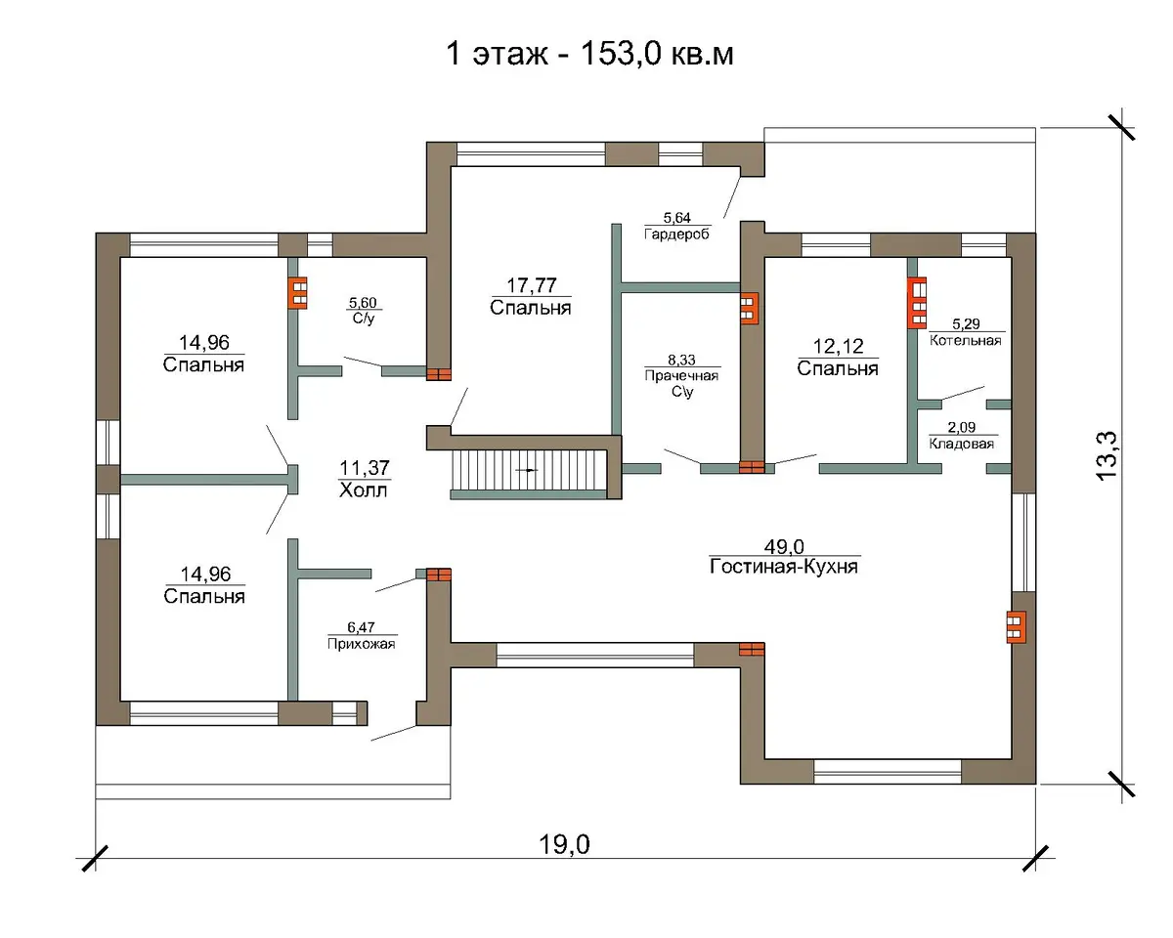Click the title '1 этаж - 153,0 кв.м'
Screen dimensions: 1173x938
point(589,54)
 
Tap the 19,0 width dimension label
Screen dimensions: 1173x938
point(564,844)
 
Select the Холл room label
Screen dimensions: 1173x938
point(363,490)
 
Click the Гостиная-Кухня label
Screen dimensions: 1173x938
point(784,567)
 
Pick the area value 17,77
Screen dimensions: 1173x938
point(532,285)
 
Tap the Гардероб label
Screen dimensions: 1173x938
point(677,234)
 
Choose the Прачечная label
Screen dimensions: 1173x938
point(681,375)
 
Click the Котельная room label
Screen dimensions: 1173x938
point(966,341)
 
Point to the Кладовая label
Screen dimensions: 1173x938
point(962,444)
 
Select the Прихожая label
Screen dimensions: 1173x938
point(361,644)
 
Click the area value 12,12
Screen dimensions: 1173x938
point(839,346)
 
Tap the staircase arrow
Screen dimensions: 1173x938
point(528,470)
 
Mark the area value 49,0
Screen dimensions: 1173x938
point(784,546)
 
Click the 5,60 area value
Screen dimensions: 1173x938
point(363,303)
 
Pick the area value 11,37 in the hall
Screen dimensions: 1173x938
point(365,468)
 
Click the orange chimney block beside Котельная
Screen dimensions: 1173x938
point(916,303)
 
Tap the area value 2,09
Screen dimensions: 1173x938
point(962,427)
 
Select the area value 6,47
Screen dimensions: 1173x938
point(361,627)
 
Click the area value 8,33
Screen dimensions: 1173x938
point(681,360)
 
